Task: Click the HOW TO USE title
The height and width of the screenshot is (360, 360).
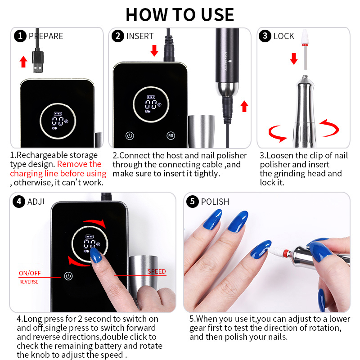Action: point(180,15)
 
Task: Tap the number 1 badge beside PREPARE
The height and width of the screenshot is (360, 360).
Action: point(20,36)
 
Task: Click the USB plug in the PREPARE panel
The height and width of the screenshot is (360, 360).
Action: point(38,62)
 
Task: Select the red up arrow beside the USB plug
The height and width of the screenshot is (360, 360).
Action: point(23,62)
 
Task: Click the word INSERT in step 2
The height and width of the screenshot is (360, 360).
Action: point(140,36)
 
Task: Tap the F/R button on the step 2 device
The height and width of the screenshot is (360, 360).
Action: point(171,136)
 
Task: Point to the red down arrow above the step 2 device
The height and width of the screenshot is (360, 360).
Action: point(154,50)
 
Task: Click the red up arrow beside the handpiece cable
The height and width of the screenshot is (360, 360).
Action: point(244,106)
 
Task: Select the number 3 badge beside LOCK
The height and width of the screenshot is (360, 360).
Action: point(265,36)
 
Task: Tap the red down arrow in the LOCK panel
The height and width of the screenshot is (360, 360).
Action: point(294,59)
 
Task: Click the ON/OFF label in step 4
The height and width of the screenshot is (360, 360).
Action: point(30,273)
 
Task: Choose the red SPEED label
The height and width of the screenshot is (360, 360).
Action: point(157,271)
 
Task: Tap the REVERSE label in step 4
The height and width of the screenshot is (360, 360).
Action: point(29,282)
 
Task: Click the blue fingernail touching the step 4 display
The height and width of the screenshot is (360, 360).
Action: point(96,255)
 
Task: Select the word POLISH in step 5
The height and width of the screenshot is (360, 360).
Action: point(215,202)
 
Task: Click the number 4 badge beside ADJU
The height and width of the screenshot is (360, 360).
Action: point(19,202)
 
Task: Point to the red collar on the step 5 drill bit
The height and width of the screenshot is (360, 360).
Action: point(286,253)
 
